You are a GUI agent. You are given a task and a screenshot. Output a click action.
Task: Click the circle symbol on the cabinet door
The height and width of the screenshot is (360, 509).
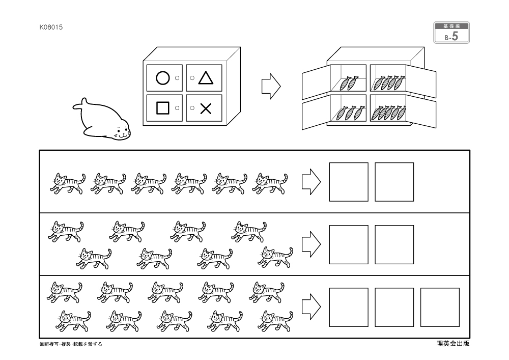[x=162, y=78]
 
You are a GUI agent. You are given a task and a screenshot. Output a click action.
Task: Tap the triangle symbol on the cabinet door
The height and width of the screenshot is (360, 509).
[x=205, y=78]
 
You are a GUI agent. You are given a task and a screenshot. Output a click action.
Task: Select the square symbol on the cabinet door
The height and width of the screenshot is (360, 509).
[x=162, y=108]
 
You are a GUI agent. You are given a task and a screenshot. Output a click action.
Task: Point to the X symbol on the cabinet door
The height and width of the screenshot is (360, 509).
[x=205, y=108]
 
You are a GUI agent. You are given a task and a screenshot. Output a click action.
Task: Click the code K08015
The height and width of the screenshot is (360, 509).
[x=51, y=27]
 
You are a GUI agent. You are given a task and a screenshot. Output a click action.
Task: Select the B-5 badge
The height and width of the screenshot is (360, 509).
[x=451, y=33]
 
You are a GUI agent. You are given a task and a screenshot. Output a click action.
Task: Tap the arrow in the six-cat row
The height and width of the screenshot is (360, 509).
[x=311, y=182]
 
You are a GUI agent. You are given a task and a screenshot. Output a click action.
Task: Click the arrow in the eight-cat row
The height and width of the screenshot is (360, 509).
[x=311, y=244]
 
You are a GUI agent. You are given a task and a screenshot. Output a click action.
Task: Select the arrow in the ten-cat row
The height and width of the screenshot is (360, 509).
[x=311, y=307]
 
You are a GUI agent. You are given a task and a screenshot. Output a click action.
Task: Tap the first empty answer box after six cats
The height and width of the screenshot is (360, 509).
[x=349, y=182]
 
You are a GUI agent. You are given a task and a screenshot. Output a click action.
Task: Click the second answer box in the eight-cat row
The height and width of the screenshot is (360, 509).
[x=394, y=244]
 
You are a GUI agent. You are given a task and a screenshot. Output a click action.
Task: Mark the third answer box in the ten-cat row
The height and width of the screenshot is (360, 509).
[x=440, y=307]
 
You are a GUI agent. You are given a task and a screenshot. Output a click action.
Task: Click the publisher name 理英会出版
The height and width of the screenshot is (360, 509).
[x=453, y=343]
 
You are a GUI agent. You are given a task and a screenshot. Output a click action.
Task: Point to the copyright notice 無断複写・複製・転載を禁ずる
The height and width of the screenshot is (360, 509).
[x=71, y=344]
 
